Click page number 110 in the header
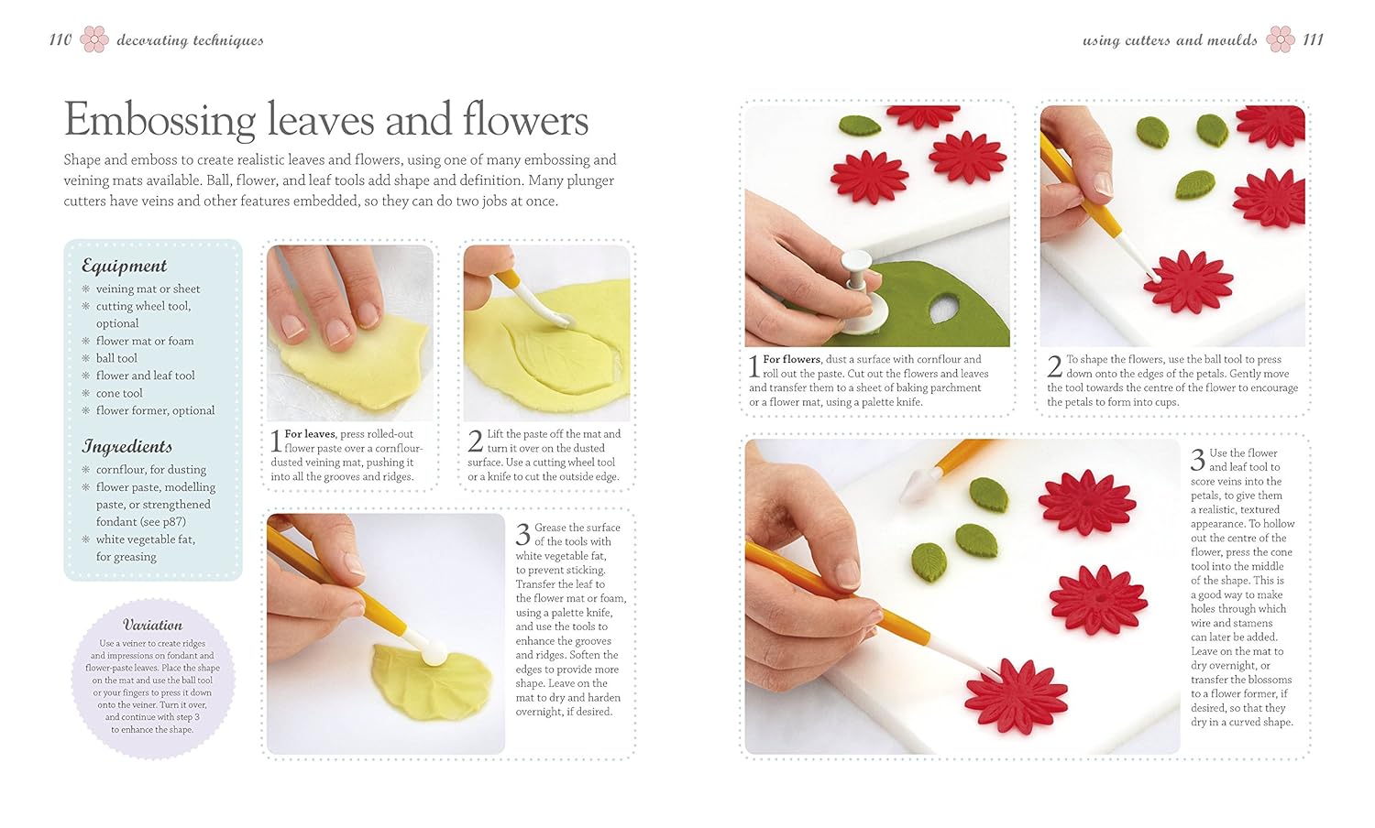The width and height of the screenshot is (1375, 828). point(60,39)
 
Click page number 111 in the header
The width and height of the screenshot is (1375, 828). point(1313,39)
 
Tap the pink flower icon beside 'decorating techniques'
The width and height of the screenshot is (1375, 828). point(94,39)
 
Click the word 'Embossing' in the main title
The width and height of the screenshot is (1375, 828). point(159,120)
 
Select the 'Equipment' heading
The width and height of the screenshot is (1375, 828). point(124,266)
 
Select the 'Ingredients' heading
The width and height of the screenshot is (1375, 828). point(126,446)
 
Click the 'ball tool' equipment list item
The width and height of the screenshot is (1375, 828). point(116,358)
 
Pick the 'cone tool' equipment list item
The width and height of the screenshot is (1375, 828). point(119,393)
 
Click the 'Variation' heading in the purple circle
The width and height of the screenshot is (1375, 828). point(152,625)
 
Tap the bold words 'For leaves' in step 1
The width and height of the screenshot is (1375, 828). point(310,434)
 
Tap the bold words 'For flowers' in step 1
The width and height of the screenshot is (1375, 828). point(792,359)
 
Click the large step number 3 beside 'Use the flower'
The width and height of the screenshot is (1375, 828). point(1197,459)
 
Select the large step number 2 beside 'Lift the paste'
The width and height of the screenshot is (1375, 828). point(475,441)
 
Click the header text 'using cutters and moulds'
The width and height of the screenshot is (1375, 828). point(1170,39)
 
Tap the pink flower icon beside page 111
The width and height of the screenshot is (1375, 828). point(1281,39)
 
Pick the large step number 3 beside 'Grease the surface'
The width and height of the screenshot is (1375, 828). point(522,534)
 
